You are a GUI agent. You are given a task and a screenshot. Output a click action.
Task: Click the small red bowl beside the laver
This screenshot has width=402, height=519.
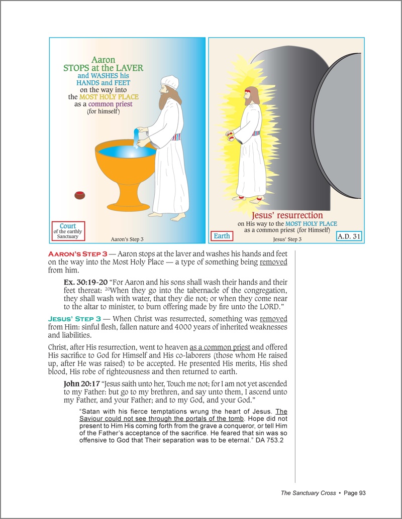tap(79, 195)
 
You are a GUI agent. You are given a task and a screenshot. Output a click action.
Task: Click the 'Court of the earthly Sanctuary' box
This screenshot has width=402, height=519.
tap(68, 230)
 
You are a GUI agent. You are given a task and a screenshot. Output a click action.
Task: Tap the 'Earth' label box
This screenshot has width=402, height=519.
tap(222, 235)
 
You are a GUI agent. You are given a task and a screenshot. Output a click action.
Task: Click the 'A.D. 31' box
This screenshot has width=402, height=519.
tap(349, 236)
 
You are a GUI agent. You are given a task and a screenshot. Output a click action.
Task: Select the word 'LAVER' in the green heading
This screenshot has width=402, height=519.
tap(128, 68)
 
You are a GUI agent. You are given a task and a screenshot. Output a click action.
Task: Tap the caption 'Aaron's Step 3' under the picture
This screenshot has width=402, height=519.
tap(127, 239)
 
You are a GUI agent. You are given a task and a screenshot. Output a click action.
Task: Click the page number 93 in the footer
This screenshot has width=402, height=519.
tap(361, 493)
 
